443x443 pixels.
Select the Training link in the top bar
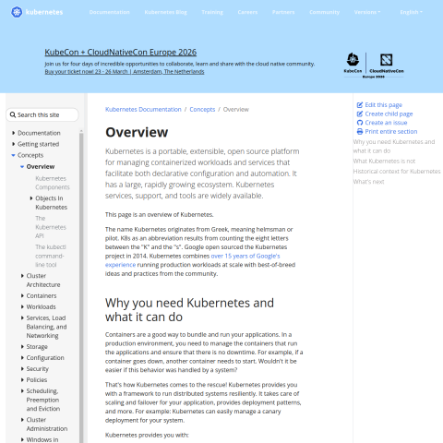212,13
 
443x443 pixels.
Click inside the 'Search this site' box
49,114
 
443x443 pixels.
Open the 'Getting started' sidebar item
38,144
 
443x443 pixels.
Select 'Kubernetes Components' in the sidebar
53,182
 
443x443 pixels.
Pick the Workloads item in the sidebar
41,306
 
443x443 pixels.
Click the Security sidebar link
38,368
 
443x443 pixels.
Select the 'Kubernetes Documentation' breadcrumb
143,109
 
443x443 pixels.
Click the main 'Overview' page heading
137,132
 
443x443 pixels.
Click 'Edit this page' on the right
383,105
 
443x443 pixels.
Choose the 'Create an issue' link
386,123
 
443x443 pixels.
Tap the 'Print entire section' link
390,132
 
